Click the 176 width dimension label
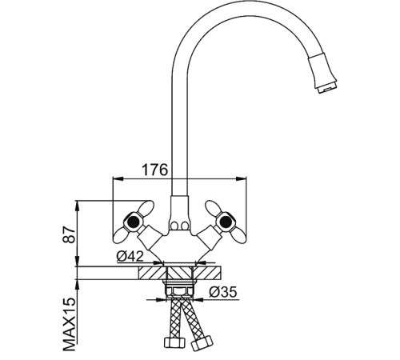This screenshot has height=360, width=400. coord(155,170)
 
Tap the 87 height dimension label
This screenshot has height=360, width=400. coord(69,234)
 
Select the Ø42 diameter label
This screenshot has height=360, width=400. coord(130,257)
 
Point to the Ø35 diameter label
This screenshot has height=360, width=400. coord(223,292)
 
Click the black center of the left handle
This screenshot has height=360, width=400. coord(133,222)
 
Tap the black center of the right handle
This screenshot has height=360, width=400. coord(226,222)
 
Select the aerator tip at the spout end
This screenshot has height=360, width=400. coord(327,87)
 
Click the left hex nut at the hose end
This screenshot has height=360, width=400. coord(174,342)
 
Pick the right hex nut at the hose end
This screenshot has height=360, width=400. coord(202,342)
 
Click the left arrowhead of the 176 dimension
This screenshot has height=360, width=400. coord(118,178)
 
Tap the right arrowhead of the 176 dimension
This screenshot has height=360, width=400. coord(242,178)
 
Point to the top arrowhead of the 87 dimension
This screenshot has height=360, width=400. coord(77,206)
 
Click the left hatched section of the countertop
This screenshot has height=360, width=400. coord(152,273)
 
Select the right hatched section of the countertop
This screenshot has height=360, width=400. coord(207,273)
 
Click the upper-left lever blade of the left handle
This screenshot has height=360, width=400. coord(146,207)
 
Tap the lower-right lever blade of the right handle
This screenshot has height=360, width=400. coord(238,236)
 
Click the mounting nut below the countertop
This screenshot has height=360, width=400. coord(180,291)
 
